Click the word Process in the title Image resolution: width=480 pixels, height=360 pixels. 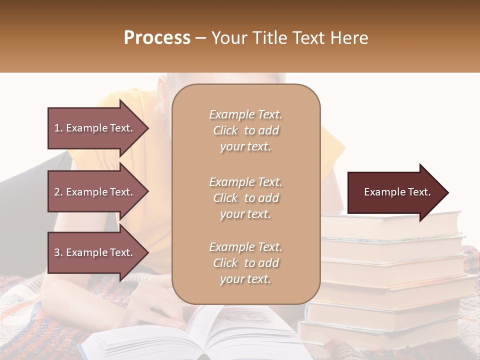(x=157, y=38)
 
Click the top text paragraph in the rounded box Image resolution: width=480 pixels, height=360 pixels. (x=245, y=130)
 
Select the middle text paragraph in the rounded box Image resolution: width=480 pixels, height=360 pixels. (x=245, y=198)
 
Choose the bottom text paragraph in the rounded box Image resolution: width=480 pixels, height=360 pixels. (x=245, y=263)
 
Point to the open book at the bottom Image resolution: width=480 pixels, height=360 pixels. (x=200, y=335)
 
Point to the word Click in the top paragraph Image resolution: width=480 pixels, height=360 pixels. (x=225, y=130)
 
